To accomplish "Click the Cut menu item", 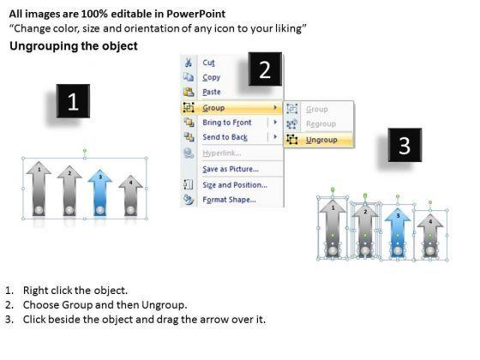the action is pos(208,63).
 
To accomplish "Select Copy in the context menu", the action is pos(211,77).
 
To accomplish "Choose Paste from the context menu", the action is pos(212,92).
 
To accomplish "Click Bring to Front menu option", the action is pos(227,123).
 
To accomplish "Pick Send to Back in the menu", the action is pos(225,137).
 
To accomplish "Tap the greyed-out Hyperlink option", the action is pos(222,153).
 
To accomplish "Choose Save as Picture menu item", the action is pos(231,169).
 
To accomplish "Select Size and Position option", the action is pos(235,185).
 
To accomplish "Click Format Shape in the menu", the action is pos(230,200).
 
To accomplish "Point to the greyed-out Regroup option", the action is pos(321,124).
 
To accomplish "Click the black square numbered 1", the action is pos(73,101).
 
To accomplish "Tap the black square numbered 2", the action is pos(265,69).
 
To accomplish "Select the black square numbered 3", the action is pos(405,145).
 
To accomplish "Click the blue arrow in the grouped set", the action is pos(100,192).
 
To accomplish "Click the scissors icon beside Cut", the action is pos(189,63).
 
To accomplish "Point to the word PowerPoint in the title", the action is pos(196,14).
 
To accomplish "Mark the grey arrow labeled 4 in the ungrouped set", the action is pos(430,236).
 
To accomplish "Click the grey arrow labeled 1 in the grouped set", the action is pos(39,189).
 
